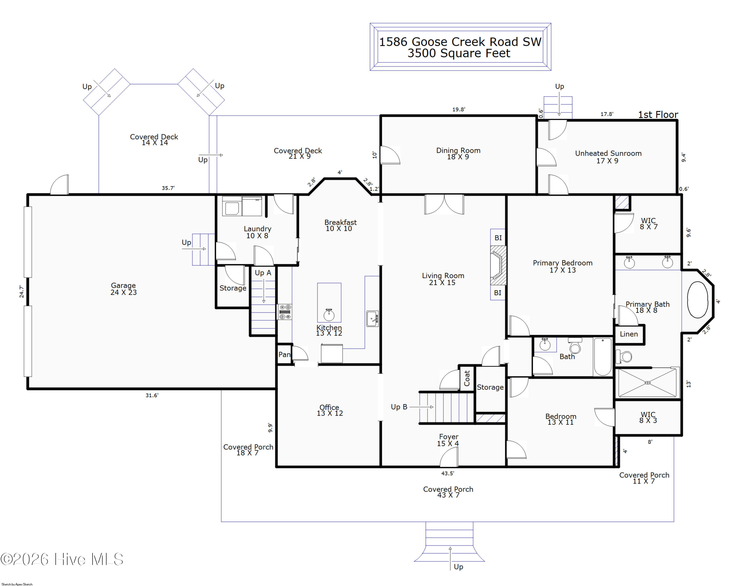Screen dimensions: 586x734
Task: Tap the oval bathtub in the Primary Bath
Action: pyautogui.click(x=698, y=300)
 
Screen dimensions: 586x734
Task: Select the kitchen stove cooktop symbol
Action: pyautogui.click(x=285, y=312)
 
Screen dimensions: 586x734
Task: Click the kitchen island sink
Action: pyautogui.click(x=329, y=315)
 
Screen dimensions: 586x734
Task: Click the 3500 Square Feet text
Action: pyautogui.click(x=459, y=53)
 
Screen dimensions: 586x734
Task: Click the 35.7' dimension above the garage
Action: pyautogui.click(x=168, y=188)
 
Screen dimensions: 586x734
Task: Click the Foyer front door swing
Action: pyautogui.click(x=449, y=457)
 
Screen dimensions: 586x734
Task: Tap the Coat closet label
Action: pyautogui.click(x=467, y=378)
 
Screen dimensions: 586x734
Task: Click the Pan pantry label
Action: pyautogui.click(x=284, y=355)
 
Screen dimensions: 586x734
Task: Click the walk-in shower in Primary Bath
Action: pyautogui.click(x=648, y=383)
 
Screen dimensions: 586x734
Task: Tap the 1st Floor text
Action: pyautogui.click(x=658, y=115)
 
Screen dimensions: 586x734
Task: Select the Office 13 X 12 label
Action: pyautogui.click(x=330, y=410)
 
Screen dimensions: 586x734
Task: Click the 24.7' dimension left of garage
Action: pyautogui.click(x=22, y=292)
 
